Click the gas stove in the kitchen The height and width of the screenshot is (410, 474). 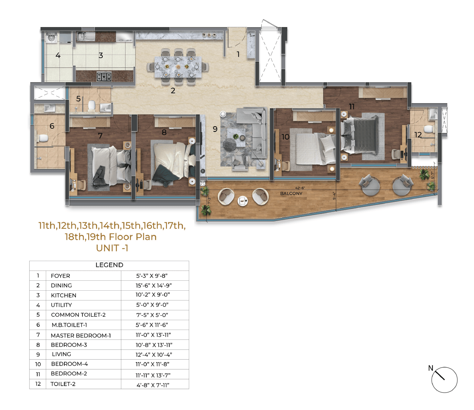pos(104,76)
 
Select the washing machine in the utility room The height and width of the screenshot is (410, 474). pos(52,38)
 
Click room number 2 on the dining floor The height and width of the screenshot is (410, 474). pos(173,90)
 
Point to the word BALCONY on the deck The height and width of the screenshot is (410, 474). pos(291,193)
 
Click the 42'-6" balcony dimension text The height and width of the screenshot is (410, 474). pos(300,188)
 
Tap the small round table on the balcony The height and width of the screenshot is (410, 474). pos(242,201)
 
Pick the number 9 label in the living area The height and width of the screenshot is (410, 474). pos(215,129)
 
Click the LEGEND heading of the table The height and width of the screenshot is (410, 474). pos(110,265)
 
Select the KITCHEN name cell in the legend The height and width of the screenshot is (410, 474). pos(64,295)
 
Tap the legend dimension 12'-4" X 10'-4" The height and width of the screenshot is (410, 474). pos(154,355)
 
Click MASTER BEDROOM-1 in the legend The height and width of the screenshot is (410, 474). pos(81,335)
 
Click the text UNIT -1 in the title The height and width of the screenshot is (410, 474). pos(112,248)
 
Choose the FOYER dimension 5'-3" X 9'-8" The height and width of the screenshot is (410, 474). pos(152,276)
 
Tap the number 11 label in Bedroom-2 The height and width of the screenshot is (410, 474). pos(352,106)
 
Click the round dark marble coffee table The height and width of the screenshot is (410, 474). pos(230,144)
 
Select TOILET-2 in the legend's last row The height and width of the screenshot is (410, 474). pos(63,384)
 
